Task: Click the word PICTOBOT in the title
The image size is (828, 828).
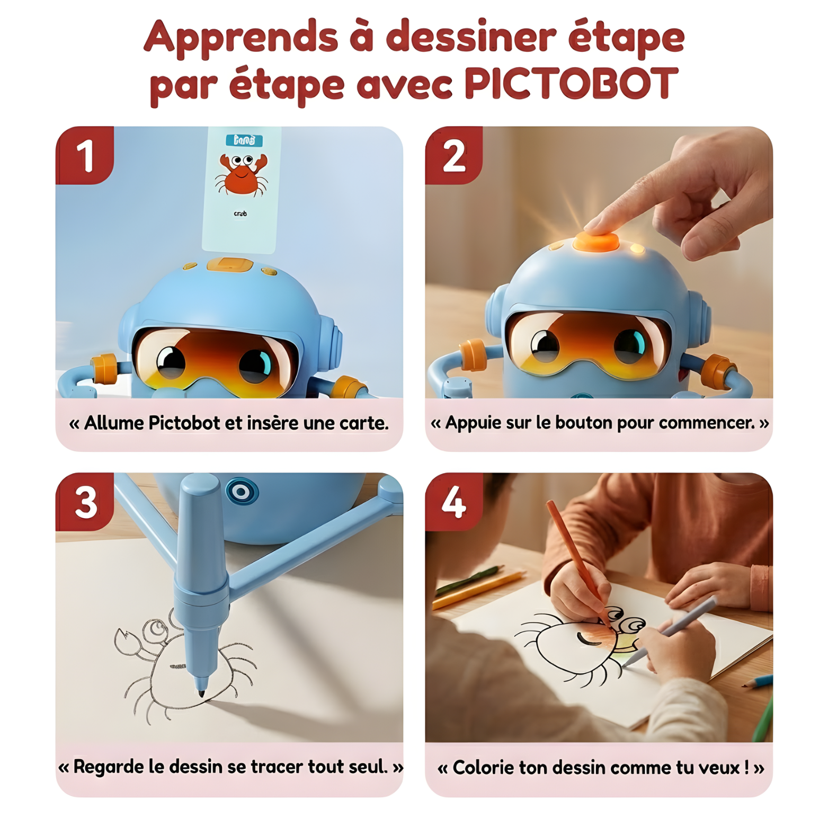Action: (571, 84)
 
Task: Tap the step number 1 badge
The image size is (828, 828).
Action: (85, 156)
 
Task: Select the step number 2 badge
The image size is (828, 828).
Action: (454, 156)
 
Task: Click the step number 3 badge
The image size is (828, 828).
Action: (85, 502)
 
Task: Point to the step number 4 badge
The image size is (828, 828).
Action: (453, 502)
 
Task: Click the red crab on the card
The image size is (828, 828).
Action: (241, 174)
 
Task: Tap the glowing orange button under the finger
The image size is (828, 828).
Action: (596, 242)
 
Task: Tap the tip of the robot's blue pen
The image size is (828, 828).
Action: (201, 693)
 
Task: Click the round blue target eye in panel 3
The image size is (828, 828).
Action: (242, 492)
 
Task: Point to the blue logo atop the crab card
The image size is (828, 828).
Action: (244, 140)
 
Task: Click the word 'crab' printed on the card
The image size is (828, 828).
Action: (240, 213)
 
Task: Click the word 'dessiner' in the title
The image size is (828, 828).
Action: (471, 37)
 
